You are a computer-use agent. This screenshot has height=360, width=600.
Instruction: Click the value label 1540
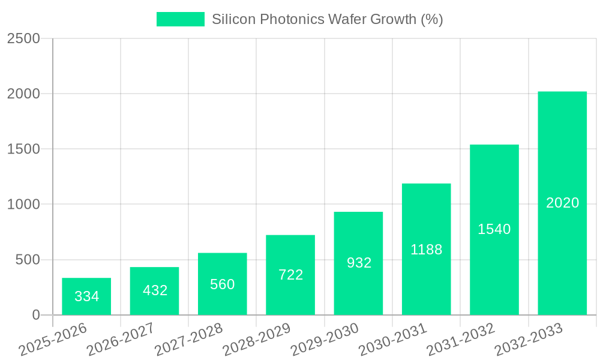(x=494, y=229)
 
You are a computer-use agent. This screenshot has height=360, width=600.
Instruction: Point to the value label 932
(x=359, y=263)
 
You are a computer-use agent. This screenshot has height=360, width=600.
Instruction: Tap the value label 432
(x=155, y=290)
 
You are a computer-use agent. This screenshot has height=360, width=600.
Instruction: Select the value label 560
(x=223, y=284)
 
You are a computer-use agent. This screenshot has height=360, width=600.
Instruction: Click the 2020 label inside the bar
(x=562, y=203)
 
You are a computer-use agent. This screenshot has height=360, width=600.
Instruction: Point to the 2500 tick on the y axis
(x=24, y=38)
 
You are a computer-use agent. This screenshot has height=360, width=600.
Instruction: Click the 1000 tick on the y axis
(x=24, y=205)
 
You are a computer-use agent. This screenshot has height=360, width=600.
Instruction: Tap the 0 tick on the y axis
(x=35, y=315)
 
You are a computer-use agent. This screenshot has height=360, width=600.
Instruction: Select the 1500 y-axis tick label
(x=24, y=149)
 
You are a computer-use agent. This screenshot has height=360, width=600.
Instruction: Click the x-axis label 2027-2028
(x=188, y=340)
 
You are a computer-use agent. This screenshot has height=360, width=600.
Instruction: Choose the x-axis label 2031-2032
(x=460, y=340)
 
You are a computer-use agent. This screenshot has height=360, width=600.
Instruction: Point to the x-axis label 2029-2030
(x=325, y=340)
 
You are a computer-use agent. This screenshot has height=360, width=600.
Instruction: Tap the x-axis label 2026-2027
(x=121, y=340)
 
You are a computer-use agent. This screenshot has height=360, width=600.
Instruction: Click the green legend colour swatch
(x=180, y=19)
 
